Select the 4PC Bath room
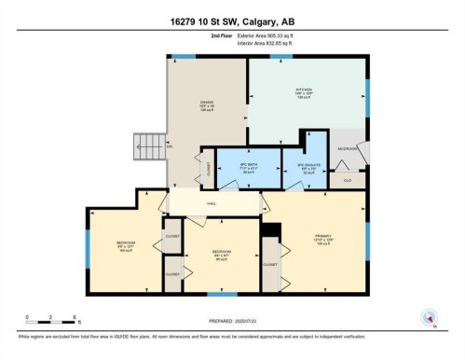tap(248, 168)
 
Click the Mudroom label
tap(348, 148)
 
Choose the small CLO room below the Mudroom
tap(346, 178)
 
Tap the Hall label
tap(212, 202)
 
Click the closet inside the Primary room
tap(270, 263)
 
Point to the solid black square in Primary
tap(270, 229)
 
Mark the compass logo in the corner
tap(431, 317)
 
